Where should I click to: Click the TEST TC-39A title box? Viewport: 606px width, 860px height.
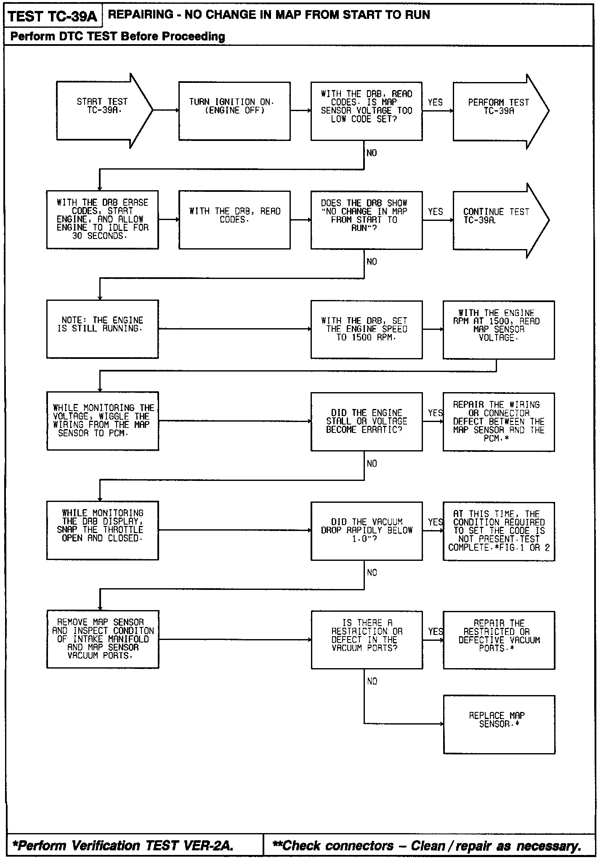point(52,17)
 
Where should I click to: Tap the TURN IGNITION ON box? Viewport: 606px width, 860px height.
point(234,111)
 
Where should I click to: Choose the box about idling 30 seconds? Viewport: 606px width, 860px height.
point(103,220)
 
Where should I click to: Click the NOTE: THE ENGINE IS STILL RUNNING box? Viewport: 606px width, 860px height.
point(103,329)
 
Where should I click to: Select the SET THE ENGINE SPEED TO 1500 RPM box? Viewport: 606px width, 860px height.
point(366,329)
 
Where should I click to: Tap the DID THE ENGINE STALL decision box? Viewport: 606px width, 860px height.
point(366,422)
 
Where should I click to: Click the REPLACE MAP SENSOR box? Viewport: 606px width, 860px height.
point(499,725)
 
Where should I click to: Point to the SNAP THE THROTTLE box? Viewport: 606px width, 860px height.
point(103,530)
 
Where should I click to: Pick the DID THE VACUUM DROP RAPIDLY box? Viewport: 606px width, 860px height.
point(366,531)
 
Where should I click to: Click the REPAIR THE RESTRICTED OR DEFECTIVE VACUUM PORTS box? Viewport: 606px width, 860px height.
point(499,640)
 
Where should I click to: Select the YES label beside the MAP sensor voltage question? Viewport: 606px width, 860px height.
point(435,102)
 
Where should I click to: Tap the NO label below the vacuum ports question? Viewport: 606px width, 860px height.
point(372,682)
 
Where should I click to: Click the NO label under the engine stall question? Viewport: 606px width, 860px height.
point(372,464)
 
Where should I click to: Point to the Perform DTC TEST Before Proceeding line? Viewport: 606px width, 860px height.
point(117,37)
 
